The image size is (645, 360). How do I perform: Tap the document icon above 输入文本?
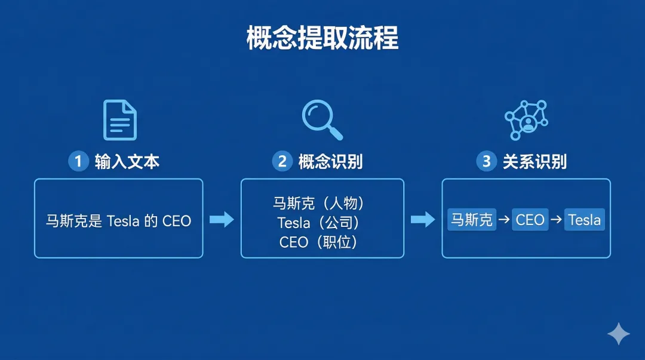(x=119, y=119)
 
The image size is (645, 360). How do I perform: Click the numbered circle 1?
(x=78, y=161)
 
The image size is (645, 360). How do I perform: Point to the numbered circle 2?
(x=282, y=161)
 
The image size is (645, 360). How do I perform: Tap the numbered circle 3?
(x=486, y=161)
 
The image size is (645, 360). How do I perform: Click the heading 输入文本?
(x=127, y=161)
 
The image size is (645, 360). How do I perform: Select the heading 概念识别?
(x=330, y=161)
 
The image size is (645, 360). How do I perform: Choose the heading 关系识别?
(x=535, y=161)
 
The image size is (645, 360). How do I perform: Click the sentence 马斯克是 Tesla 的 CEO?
(x=118, y=221)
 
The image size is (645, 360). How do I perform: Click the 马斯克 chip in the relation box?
(x=472, y=220)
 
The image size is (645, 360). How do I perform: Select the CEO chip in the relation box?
(x=530, y=220)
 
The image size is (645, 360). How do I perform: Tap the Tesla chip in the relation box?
(x=584, y=220)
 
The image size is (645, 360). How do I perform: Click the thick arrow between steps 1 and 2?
(x=222, y=220)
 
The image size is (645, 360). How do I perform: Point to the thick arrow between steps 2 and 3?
(x=423, y=220)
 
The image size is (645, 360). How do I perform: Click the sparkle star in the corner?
(x=619, y=334)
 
